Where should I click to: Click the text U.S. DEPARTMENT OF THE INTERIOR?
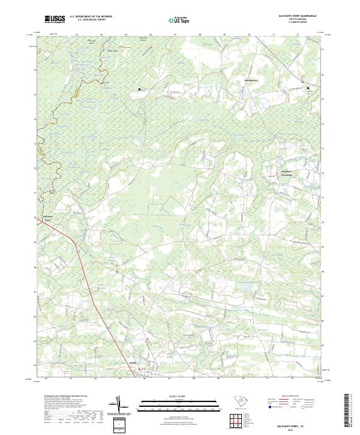(91, 17)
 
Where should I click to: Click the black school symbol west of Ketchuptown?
(140, 89)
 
